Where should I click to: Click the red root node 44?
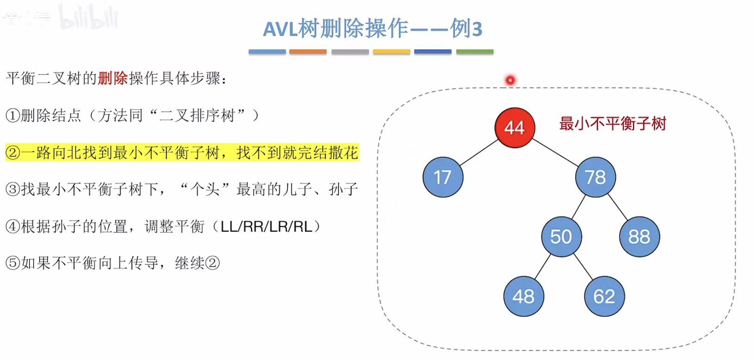click(x=514, y=127)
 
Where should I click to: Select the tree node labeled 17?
click(x=443, y=177)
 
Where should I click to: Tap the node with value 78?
click(x=595, y=177)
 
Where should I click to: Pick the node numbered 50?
click(x=561, y=237)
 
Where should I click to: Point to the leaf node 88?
click(x=639, y=237)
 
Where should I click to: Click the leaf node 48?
click(x=523, y=297)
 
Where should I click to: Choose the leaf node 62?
click(x=604, y=297)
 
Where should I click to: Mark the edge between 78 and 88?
click(x=617, y=207)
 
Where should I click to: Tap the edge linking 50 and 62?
click(x=583, y=267)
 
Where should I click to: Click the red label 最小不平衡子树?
click(x=612, y=124)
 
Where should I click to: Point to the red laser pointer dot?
click(x=510, y=80)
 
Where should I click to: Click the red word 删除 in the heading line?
click(x=113, y=78)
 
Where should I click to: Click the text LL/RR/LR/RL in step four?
click(x=266, y=227)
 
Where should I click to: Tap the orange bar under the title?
click(x=308, y=52)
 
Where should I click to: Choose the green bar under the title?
click(x=475, y=52)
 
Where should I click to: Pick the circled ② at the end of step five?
click(x=212, y=264)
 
